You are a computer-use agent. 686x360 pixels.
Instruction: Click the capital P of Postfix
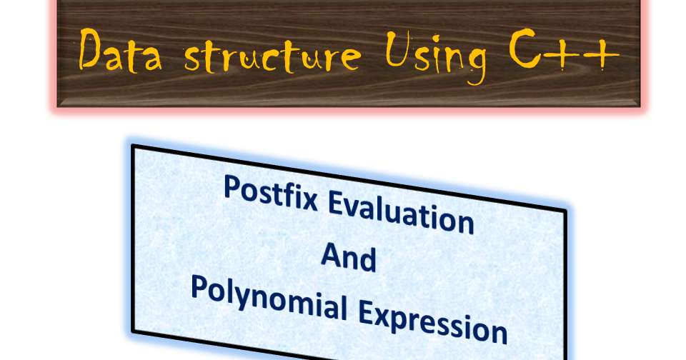coord(232,187)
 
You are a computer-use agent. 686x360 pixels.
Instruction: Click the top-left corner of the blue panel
coord(134,146)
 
